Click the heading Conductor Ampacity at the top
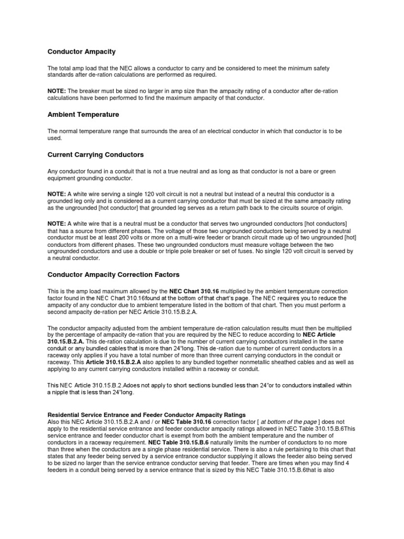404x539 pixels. coord(82,52)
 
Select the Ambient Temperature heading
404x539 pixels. coord(83,114)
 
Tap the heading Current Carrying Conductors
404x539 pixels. coord(96,155)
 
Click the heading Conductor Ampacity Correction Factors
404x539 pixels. coord(114,274)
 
